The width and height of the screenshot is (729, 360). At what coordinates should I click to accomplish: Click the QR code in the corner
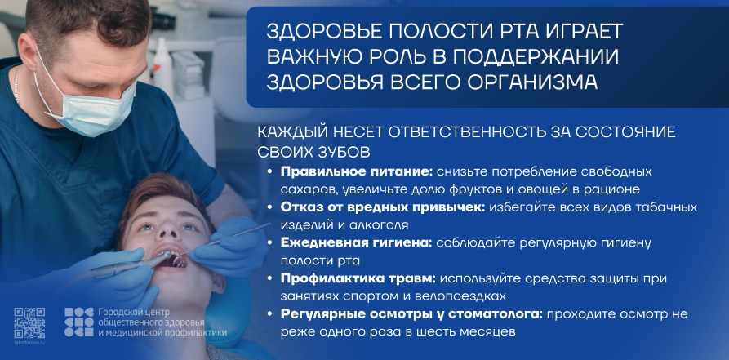coord(29,322)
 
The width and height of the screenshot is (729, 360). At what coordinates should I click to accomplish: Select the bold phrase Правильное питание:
coord(357,171)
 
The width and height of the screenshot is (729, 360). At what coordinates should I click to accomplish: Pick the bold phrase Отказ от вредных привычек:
coord(383,207)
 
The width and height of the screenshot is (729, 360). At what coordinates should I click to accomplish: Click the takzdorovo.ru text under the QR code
coord(29,342)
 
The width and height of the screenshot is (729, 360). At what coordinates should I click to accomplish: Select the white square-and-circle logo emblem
coord(78,322)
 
